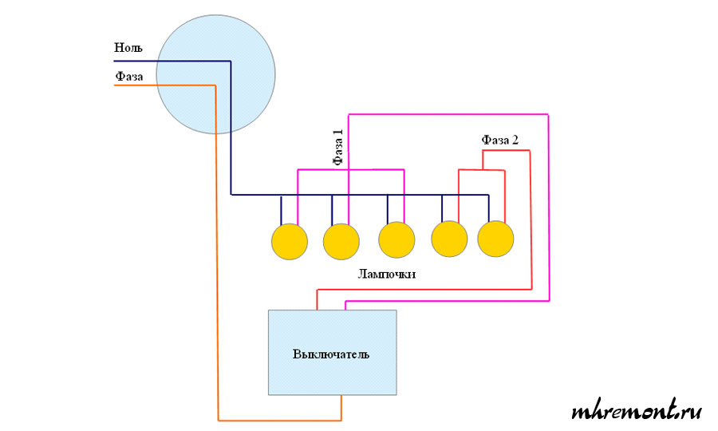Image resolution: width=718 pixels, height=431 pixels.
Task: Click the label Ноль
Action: (x=128, y=49)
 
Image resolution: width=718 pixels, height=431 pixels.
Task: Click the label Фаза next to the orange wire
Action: (x=129, y=76)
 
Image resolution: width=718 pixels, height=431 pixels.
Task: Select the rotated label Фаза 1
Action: (x=338, y=148)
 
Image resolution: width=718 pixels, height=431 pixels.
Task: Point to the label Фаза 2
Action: (x=500, y=140)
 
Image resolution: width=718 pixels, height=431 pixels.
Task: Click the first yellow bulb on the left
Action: (x=289, y=241)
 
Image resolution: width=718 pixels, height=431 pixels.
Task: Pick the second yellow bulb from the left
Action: (x=341, y=241)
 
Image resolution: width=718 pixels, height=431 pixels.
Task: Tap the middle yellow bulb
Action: (x=396, y=240)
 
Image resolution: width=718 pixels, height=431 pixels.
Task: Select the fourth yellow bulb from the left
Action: (x=449, y=239)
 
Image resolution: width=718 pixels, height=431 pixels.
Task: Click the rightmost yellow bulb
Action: (x=496, y=239)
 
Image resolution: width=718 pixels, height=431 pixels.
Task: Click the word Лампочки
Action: (x=388, y=274)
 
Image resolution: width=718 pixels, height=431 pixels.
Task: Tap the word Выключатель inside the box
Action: (x=331, y=354)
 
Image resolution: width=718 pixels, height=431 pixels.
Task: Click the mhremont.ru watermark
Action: (x=636, y=412)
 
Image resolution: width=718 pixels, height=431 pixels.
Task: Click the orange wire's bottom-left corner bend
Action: (x=218, y=420)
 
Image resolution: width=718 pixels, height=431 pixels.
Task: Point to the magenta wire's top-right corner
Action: (x=550, y=115)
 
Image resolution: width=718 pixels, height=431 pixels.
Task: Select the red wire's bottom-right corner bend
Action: (x=531, y=289)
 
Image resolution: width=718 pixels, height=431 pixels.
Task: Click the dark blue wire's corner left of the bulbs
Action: (x=231, y=194)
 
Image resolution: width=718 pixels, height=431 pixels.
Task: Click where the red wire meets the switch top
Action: (x=318, y=309)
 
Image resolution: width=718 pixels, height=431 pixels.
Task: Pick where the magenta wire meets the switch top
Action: (x=345, y=309)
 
